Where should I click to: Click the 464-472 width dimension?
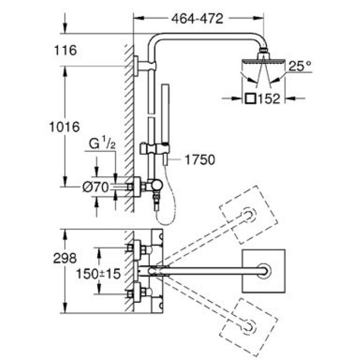point(197,19)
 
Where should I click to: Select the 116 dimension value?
point(65,50)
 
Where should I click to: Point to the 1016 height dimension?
point(64,127)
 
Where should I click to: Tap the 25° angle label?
point(300,66)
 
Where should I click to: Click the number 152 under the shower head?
point(269,99)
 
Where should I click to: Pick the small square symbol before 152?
point(250,99)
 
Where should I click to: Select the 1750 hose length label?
point(200,160)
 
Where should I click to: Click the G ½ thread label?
point(102,143)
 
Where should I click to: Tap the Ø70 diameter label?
point(96,188)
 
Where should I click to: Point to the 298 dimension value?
point(65,258)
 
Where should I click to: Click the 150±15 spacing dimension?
point(98,274)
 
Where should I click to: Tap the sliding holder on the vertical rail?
point(154,148)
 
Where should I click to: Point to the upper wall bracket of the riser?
point(145,66)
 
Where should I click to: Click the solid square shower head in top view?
point(263,271)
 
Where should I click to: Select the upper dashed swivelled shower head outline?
point(248,214)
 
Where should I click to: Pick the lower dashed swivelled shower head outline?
point(248,328)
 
